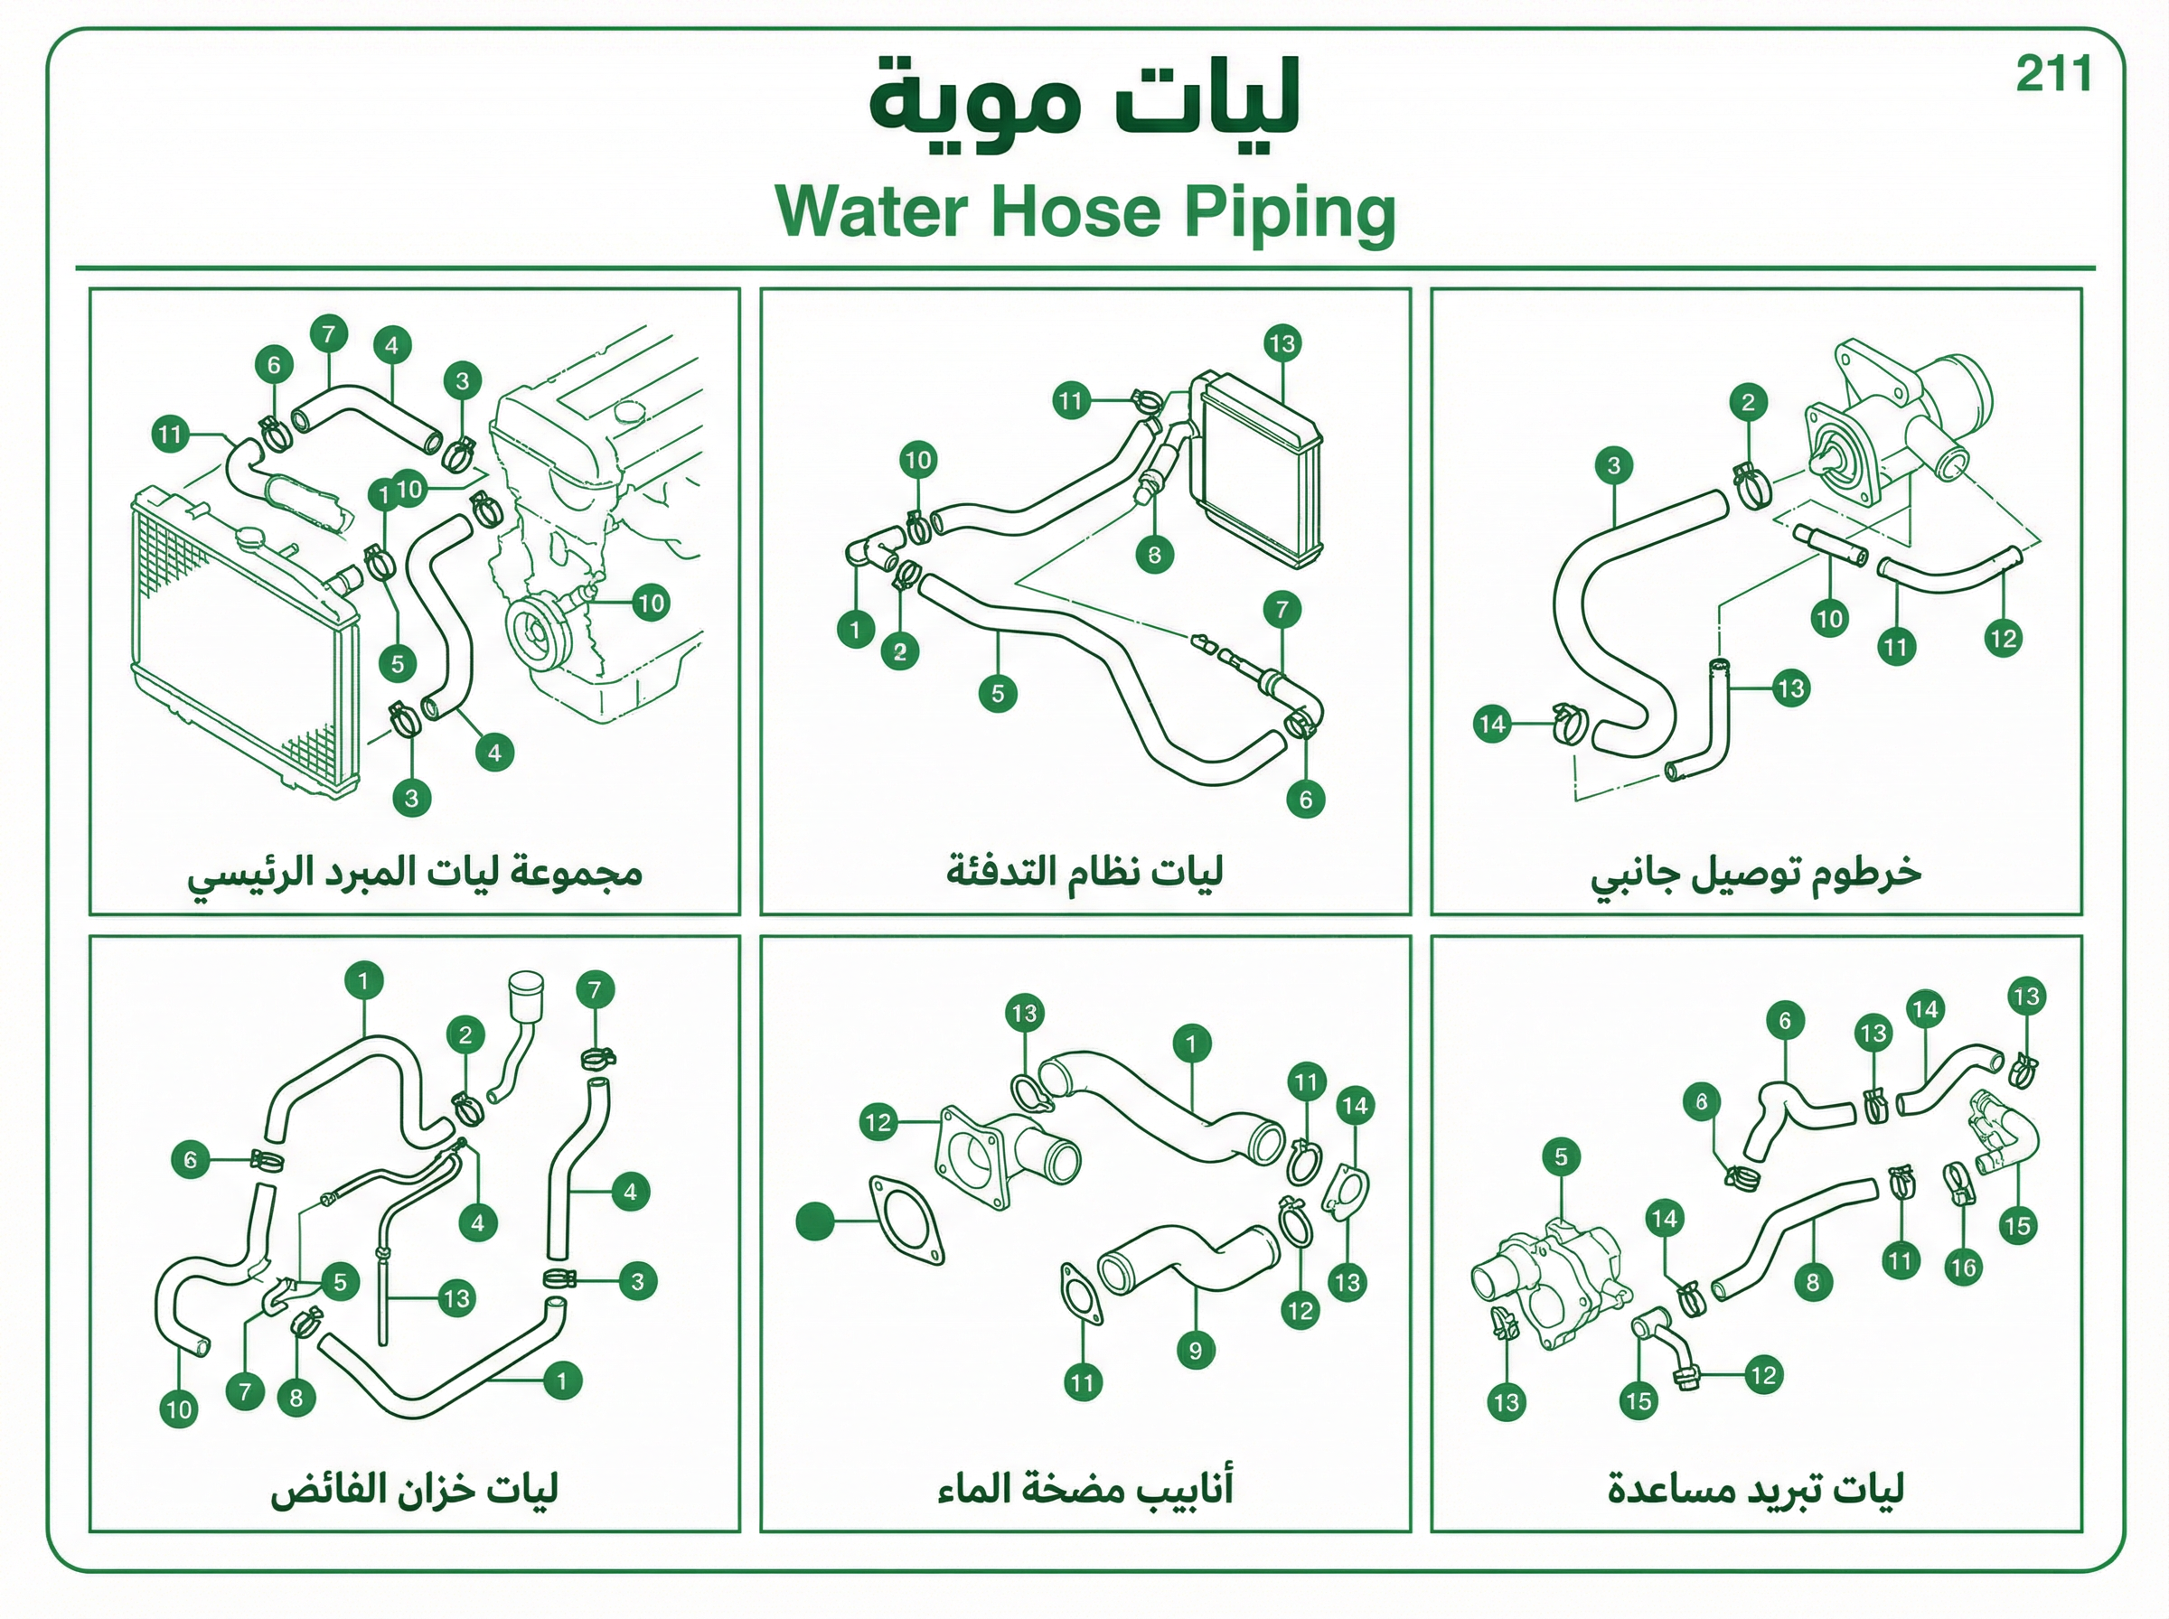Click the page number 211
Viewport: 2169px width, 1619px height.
pos(2053,74)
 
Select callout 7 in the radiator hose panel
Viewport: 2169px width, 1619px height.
pos(328,334)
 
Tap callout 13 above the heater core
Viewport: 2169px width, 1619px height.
pos(1282,343)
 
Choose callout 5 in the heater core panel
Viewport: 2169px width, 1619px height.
pos(998,694)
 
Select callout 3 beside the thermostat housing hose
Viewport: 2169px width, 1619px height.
pos(1613,464)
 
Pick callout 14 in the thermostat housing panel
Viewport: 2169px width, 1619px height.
pos(1492,725)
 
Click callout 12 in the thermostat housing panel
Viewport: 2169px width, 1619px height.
pos(2003,639)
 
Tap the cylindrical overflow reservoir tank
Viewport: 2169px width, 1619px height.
pos(525,996)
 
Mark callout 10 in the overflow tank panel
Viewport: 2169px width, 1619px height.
pos(178,1409)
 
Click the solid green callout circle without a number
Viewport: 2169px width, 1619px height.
pos(814,1221)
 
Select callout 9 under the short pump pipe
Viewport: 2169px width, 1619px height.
pos(1195,1351)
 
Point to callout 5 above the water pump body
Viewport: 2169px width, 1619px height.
pos(1561,1156)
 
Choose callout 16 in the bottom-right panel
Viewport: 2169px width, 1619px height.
pos(1963,1268)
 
